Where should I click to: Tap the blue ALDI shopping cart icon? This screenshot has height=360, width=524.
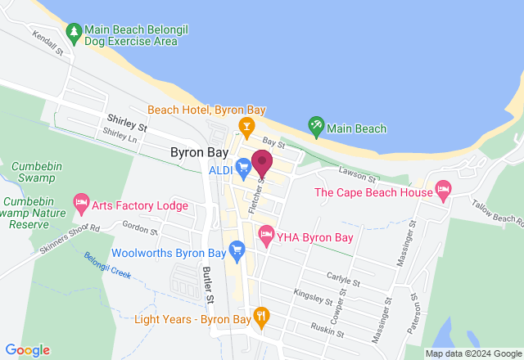pyautogui.click(x=243, y=169)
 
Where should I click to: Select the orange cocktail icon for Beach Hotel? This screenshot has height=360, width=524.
pyautogui.click(x=244, y=124)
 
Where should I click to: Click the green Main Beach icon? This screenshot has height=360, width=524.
pyautogui.click(x=315, y=128)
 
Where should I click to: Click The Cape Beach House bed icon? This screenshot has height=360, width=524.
pyautogui.click(x=443, y=192)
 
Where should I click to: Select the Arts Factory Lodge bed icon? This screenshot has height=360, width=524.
pyautogui.click(x=80, y=201)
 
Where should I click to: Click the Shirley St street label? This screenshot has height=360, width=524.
pyautogui.click(x=126, y=124)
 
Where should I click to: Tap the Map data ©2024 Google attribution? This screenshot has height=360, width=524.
pyautogui.click(x=472, y=353)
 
